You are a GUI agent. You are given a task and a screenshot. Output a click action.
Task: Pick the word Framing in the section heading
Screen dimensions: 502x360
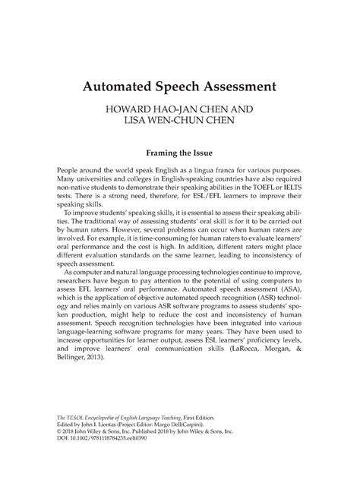tap(163, 151)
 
